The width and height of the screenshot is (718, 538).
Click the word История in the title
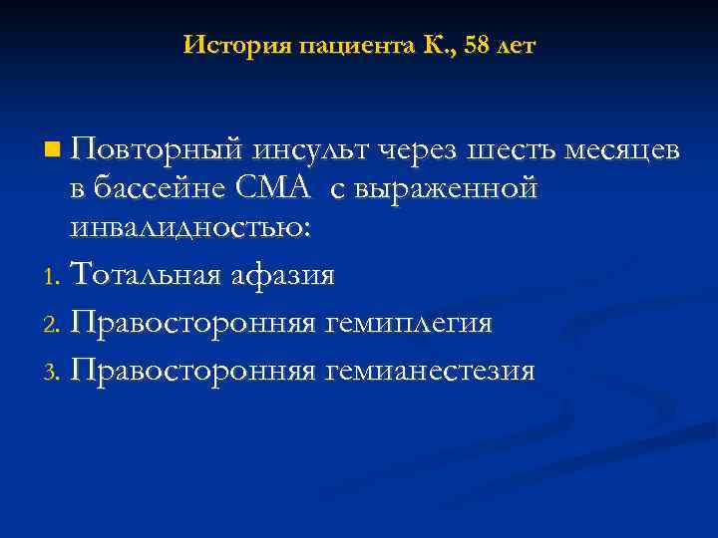coord(223,46)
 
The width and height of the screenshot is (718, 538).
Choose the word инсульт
coord(311,151)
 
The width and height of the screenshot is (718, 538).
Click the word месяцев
coord(621,151)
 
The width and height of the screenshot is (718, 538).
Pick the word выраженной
coord(457,188)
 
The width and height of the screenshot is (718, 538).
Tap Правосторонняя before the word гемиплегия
coord(193,324)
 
